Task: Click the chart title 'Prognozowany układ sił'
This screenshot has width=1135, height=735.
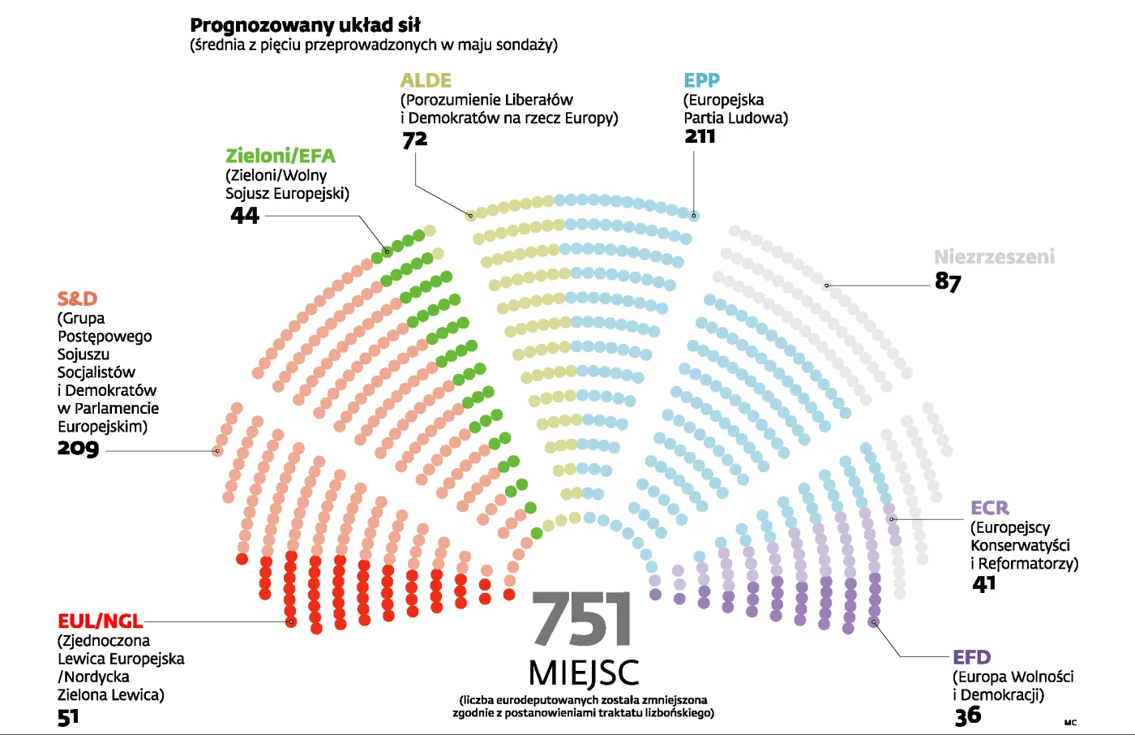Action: pos(305,25)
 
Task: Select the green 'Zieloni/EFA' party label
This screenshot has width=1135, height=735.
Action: pos(280,156)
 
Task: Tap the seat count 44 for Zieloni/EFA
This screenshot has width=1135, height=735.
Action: pos(245,215)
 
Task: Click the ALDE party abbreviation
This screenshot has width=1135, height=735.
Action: pos(426,80)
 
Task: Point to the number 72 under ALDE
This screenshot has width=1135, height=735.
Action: pos(414,140)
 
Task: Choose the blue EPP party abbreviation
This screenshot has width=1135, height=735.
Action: pos(701,80)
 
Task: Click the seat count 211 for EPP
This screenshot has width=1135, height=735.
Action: pos(700,136)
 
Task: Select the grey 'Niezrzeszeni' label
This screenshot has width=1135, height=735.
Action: pos(994,257)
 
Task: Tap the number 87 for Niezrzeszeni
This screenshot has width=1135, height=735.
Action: pos(948,282)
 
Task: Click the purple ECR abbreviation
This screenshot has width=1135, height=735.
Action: pos(990,508)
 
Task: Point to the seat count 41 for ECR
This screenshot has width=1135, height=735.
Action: pos(983,584)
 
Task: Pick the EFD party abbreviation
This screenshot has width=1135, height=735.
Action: pos(971,657)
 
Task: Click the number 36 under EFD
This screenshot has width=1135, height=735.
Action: pos(968,716)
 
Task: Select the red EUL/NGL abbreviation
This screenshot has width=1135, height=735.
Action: pos(100,621)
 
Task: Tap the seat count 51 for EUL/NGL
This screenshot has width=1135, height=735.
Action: pos(68,717)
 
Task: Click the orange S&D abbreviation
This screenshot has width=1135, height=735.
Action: pos(77,299)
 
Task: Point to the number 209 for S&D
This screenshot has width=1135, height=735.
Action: pos(78,448)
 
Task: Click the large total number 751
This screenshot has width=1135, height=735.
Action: pos(582,620)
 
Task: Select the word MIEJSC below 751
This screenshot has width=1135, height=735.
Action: pos(583,673)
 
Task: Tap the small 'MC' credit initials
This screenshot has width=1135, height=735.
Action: pos(1070,722)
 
